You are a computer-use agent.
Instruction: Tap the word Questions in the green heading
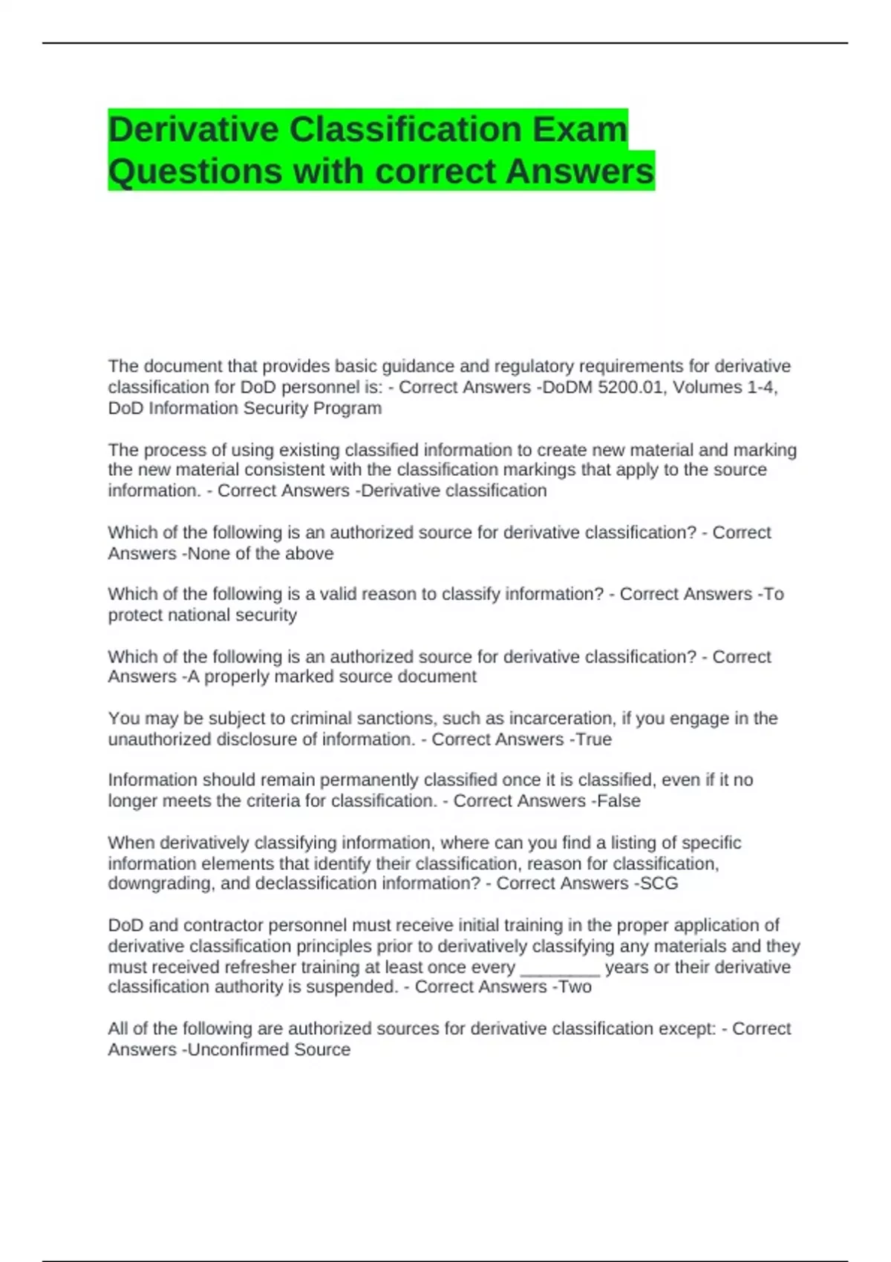[195, 171]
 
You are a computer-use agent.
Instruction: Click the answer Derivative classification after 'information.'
[454, 491]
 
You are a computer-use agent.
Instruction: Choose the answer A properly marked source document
[333, 676]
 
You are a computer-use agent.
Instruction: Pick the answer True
[593, 739]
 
